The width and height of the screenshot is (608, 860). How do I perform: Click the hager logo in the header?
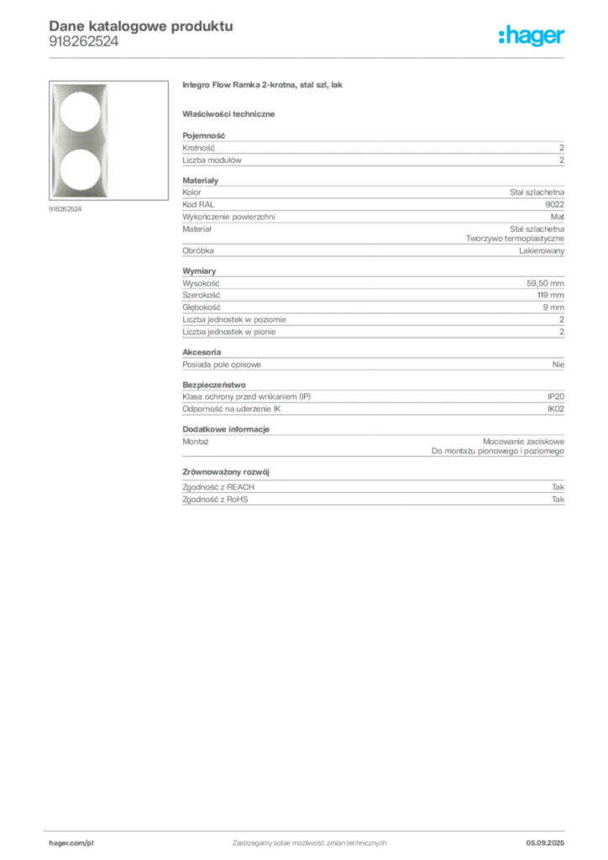532,36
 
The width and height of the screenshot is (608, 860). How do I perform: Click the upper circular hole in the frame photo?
80,112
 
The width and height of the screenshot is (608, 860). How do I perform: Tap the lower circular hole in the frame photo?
80,170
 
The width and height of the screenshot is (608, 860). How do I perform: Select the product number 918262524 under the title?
83,42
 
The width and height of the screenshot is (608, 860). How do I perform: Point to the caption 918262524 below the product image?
66,209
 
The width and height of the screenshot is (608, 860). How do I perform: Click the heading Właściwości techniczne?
228,114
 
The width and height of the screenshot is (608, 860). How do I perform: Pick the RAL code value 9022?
555,205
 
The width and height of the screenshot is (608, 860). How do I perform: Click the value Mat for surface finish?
558,217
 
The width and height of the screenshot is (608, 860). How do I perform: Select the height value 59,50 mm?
546,284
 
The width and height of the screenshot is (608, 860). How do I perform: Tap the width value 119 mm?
550,295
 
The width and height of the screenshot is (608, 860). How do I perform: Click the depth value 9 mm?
553,307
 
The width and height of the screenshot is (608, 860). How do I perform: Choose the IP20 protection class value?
556,396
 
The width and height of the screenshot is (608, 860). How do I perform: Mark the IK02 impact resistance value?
556,409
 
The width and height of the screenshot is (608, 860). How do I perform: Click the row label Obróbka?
198,250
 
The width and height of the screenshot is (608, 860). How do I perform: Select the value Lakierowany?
542,250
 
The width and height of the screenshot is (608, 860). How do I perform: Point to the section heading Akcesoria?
202,352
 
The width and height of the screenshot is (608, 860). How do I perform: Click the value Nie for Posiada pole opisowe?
558,364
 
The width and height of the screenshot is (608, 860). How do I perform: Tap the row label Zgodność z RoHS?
215,500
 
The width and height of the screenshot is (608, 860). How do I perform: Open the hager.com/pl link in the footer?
71,843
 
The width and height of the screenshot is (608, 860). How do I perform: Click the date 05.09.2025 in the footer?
545,843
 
